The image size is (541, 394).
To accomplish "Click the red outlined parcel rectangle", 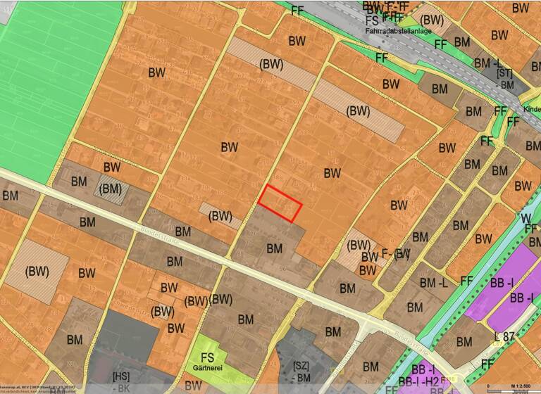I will coord(280,204).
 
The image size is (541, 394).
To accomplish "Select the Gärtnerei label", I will coord(207,368).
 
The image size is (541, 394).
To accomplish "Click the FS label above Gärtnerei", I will coord(207,357).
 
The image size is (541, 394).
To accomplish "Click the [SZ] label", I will coord(301,367).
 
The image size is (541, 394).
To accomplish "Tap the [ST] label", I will coord(504,73).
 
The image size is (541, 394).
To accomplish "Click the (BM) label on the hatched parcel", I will coord(111,189).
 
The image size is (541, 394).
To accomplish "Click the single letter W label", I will coord(526,219).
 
